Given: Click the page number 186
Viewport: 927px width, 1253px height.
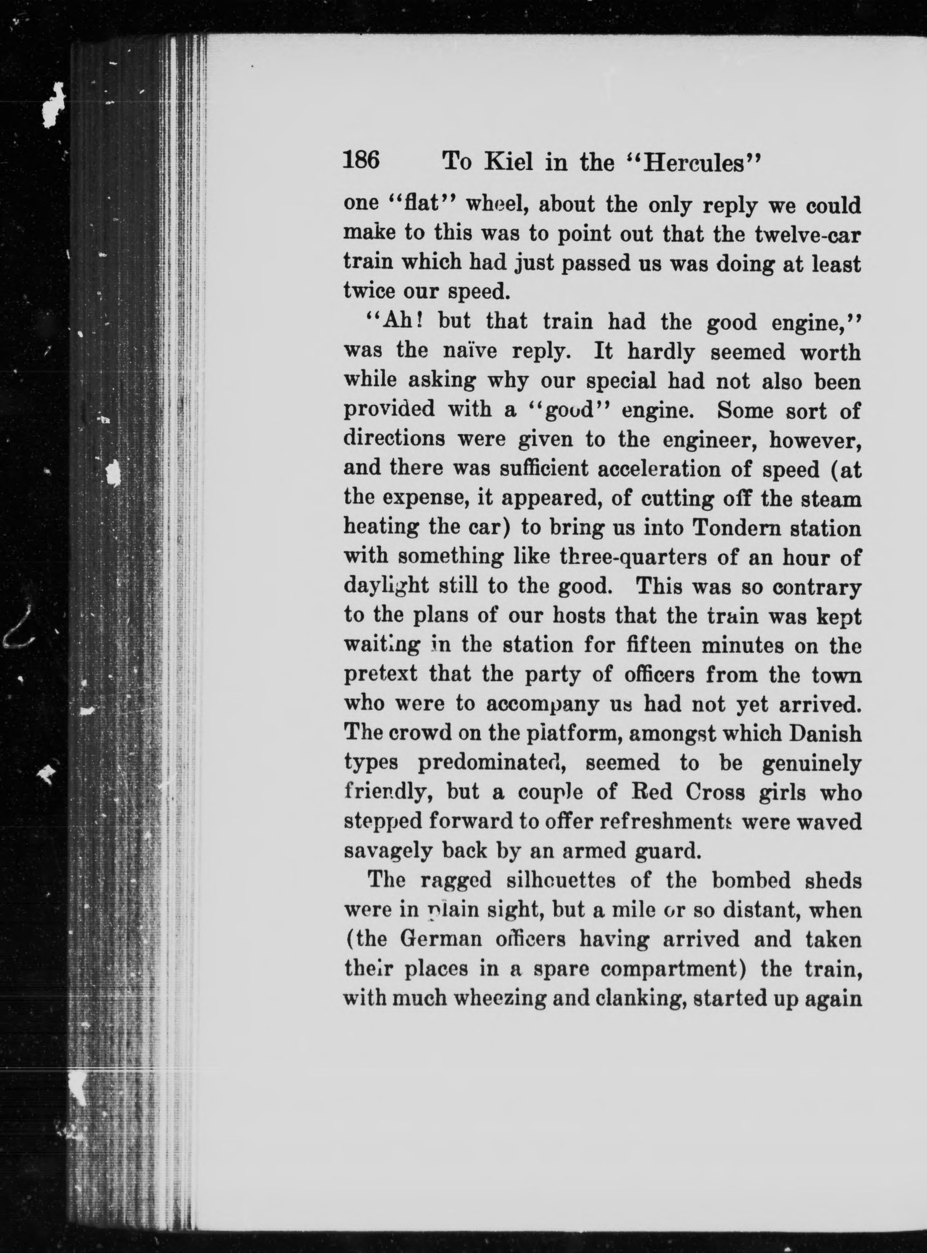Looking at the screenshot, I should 361,161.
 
